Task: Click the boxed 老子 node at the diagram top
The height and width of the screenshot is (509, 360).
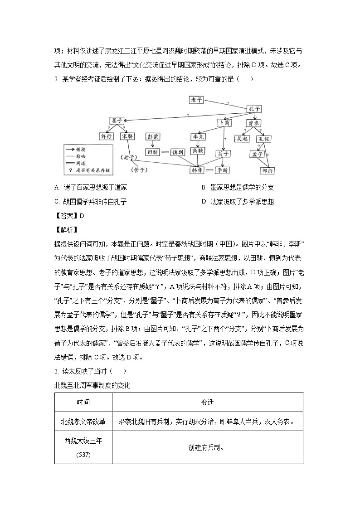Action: [x=197, y=99]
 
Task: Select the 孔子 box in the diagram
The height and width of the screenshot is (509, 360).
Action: [x=254, y=109]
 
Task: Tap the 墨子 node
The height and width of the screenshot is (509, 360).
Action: [x=116, y=121]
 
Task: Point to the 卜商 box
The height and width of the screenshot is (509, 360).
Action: [x=224, y=123]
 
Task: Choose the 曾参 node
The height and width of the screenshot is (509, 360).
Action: [x=253, y=123]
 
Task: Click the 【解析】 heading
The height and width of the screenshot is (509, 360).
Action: [x=66, y=230]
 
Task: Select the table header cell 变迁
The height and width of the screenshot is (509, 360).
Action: [x=207, y=402]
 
